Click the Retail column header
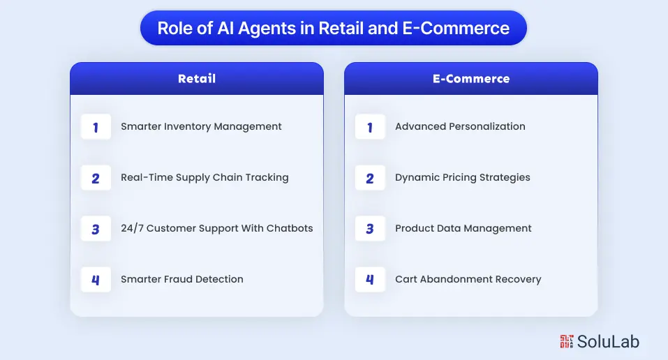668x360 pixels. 196,79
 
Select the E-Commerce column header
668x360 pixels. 470,79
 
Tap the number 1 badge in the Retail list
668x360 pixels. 96,127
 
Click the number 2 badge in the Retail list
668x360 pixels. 96,178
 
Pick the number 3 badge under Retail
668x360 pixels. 96,229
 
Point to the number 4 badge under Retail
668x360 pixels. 96,280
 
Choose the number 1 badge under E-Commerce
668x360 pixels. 370,127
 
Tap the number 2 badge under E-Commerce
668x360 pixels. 370,178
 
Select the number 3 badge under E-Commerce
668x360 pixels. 370,229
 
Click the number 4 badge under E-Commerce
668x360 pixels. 370,280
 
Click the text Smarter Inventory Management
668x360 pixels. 201,126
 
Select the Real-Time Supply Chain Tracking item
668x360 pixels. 205,177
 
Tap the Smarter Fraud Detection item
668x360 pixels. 181,279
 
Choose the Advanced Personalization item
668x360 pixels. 460,126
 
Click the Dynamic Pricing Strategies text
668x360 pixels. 462,177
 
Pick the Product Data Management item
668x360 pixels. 463,228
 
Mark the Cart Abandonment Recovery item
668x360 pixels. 468,279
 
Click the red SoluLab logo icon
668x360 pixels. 566,341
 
